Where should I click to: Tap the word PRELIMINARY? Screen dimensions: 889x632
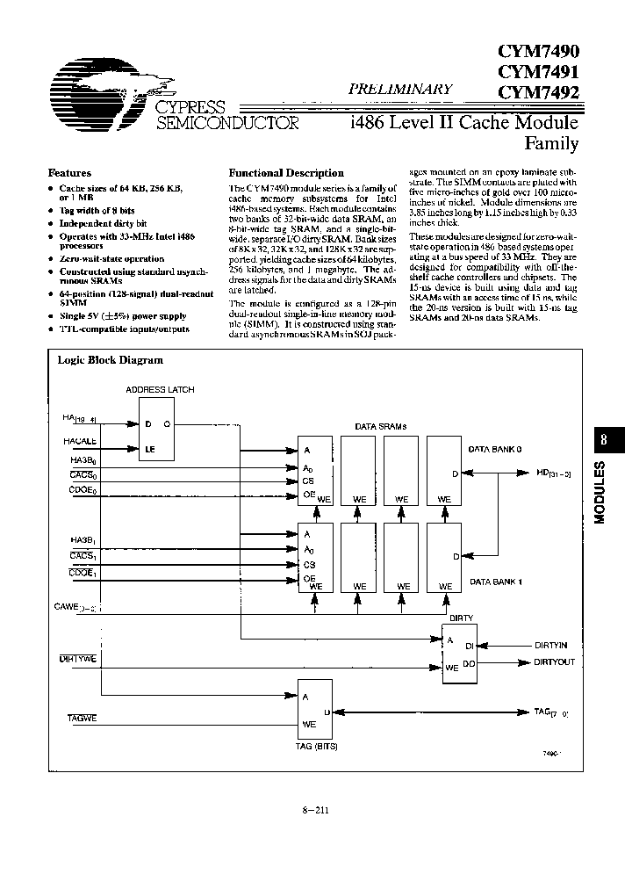point(401,89)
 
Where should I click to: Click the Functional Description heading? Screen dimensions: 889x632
point(286,173)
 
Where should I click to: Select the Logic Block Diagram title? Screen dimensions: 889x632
point(111,359)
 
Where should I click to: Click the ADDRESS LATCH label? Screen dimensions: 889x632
point(161,389)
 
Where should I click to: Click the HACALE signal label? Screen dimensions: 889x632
point(79,442)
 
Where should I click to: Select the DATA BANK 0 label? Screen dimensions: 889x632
point(495,448)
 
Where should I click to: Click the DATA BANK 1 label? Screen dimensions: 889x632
point(495,582)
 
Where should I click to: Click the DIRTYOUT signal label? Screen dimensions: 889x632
point(556,661)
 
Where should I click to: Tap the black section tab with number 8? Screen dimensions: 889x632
point(602,440)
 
